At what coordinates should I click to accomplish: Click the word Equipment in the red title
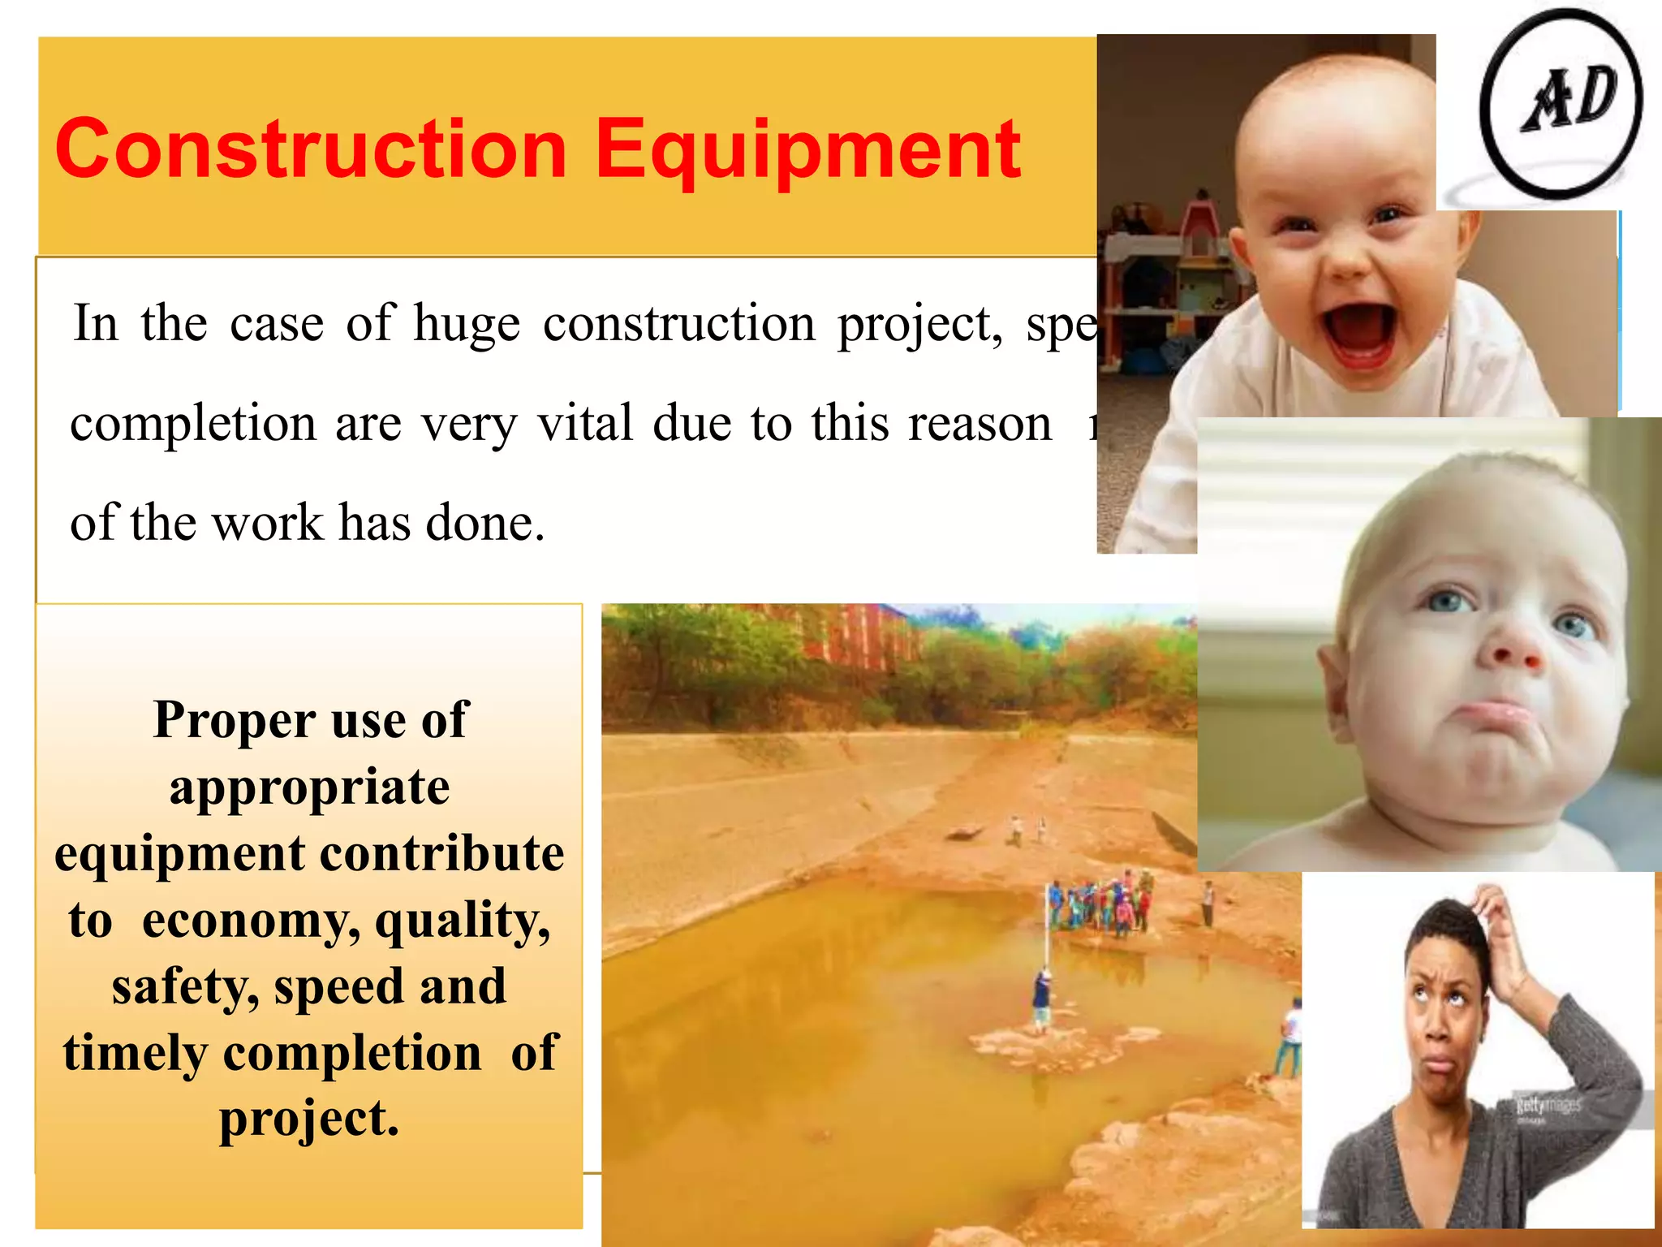[x=807, y=150]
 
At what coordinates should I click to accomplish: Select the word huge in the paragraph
[x=467, y=324]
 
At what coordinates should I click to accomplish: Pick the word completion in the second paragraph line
[x=192, y=424]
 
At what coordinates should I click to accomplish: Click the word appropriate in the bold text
[x=309, y=787]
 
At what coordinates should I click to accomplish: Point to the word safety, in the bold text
[x=185, y=987]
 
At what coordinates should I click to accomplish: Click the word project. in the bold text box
[x=309, y=1120]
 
